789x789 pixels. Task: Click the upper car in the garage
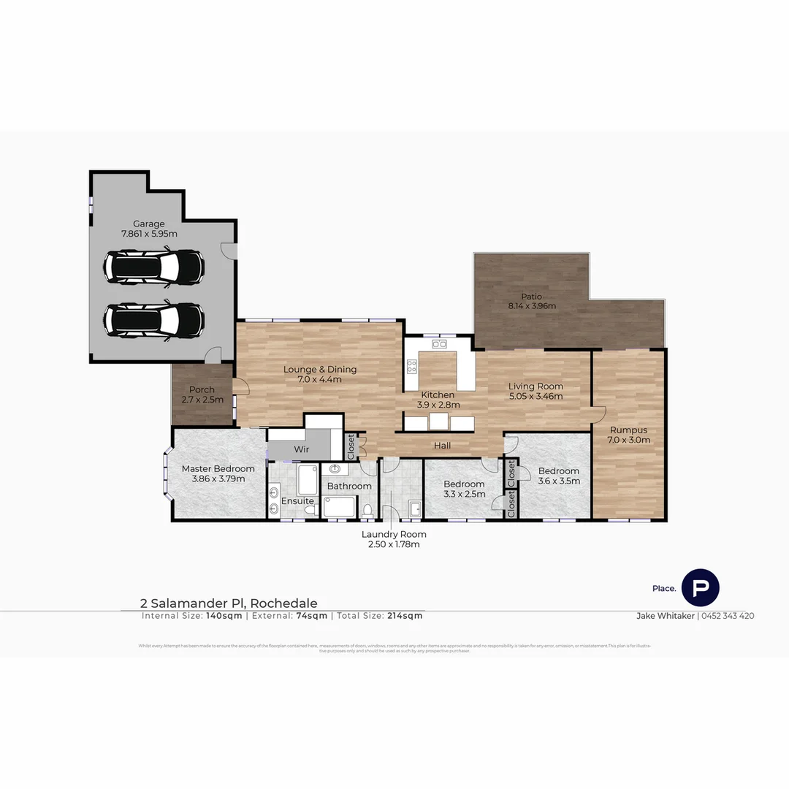tap(153, 267)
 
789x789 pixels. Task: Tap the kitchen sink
tap(439, 343)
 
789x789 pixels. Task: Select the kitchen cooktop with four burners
tap(412, 366)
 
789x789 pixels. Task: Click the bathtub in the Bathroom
tap(340, 506)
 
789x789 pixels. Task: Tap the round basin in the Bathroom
tap(335, 469)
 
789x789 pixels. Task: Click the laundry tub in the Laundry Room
tap(413, 508)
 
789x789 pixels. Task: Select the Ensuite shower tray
tap(307, 479)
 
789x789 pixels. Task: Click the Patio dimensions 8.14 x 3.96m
tap(532, 306)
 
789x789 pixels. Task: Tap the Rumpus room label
tap(628, 430)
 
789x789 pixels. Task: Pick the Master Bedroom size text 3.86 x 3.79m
tap(218, 479)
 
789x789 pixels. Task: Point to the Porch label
tap(202, 389)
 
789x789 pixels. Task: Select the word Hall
tap(442, 445)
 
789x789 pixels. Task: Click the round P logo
tap(700, 587)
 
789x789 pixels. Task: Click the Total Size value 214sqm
tap(405, 616)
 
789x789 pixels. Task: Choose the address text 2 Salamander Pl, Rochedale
tap(229, 603)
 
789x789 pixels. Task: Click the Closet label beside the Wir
tap(351, 447)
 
